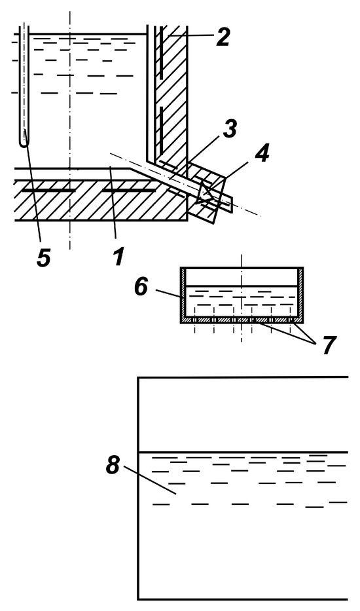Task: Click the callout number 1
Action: [118, 257]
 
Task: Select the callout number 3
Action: [230, 128]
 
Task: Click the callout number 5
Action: [44, 257]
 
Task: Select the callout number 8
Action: [113, 465]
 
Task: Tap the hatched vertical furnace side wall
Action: [172, 94]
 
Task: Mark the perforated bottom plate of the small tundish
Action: [242, 320]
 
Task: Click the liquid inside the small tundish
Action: [242, 301]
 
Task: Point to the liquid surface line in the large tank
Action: [243, 453]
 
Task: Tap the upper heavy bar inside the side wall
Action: [160, 52]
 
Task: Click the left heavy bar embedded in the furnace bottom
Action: [48, 191]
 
